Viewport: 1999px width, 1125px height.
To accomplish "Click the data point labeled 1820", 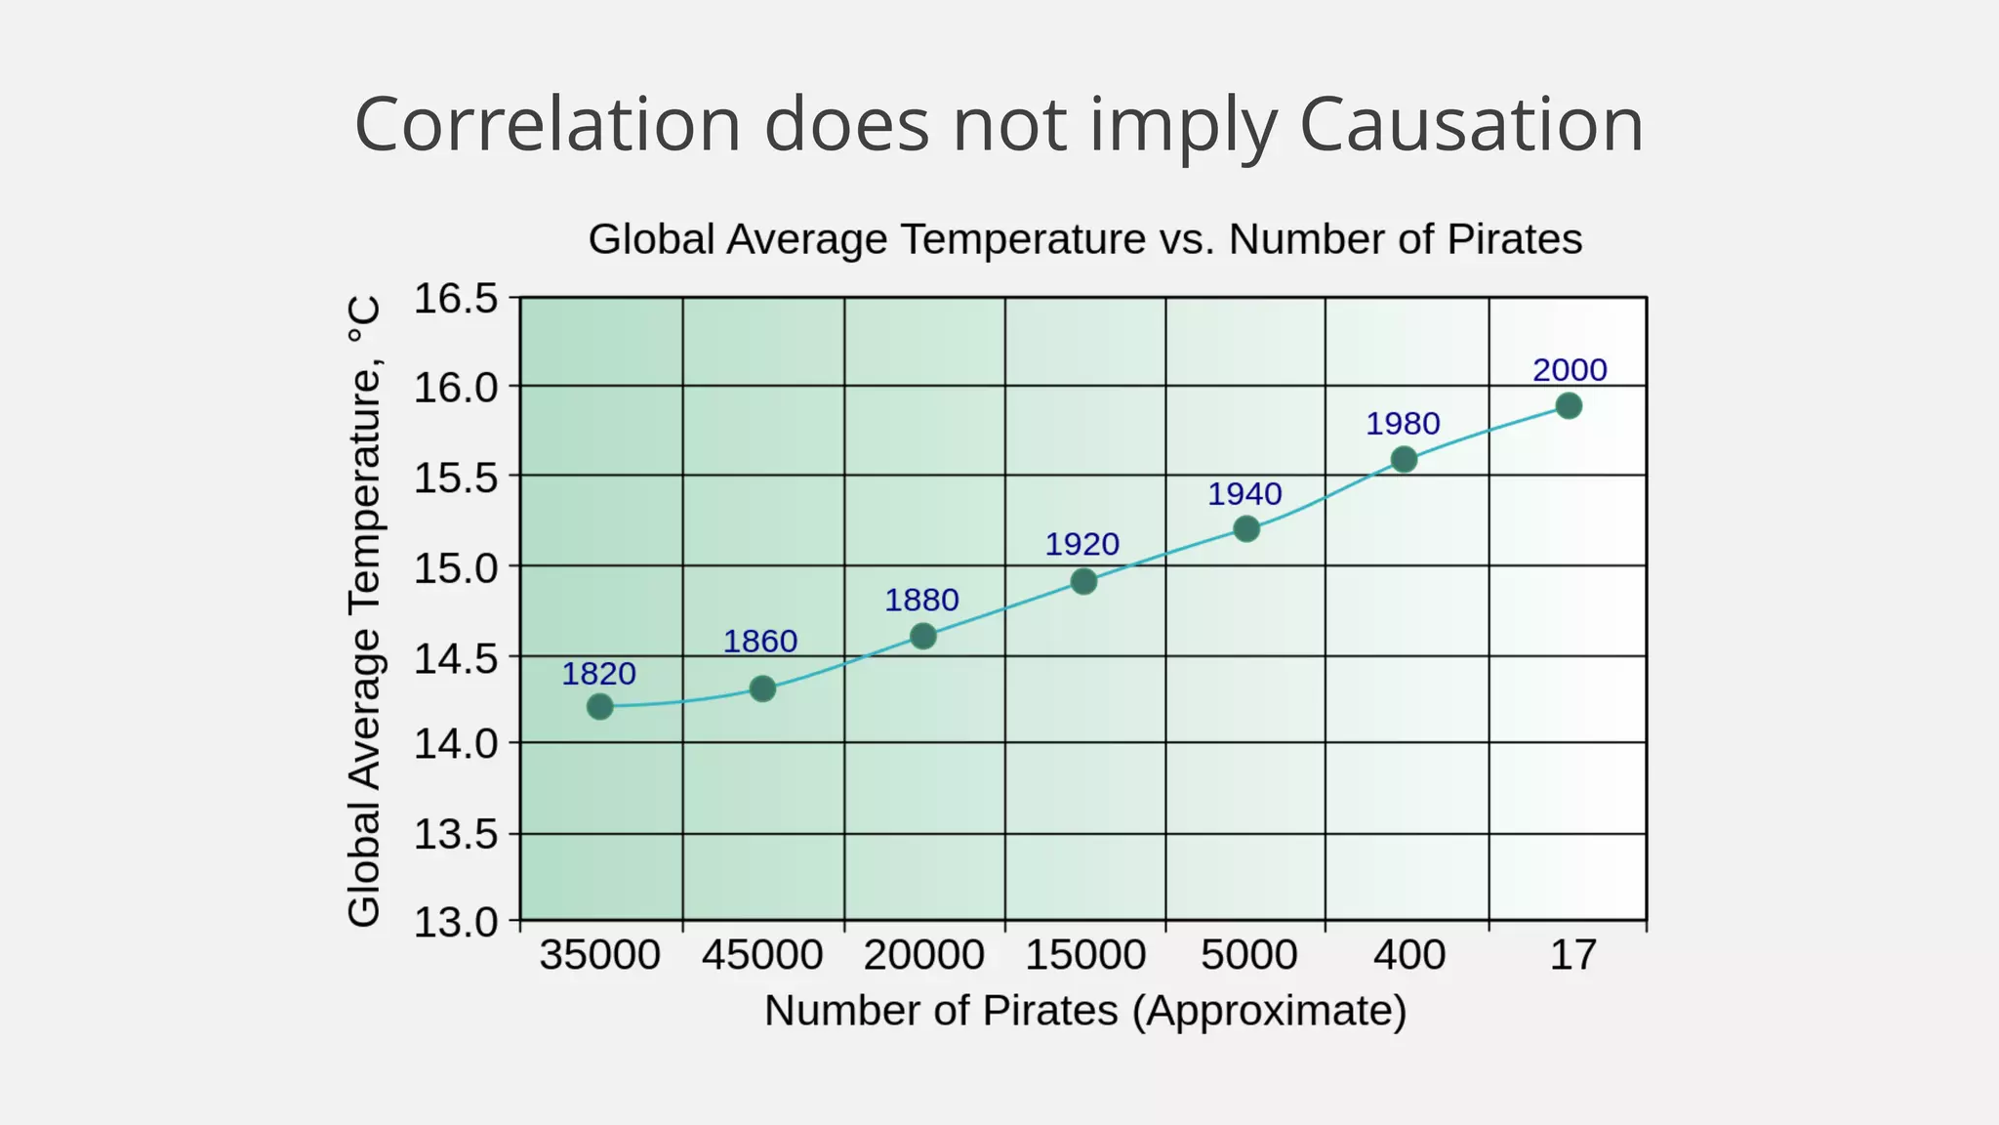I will click(x=600, y=706).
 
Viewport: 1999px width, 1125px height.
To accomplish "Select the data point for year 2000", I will click(x=1569, y=405).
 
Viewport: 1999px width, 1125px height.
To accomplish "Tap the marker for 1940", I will click(x=1246, y=528).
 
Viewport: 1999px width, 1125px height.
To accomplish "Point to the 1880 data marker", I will click(x=923, y=636).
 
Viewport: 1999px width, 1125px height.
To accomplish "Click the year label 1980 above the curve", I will click(x=1403, y=424).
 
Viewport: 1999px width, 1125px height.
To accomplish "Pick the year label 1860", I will click(x=760, y=642).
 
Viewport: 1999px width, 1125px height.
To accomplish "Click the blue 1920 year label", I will click(x=1081, y=544).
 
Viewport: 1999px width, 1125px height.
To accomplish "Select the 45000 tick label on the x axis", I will click(x=762, y=954).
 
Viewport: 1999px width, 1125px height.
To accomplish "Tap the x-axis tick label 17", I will click(x=1572, y=954).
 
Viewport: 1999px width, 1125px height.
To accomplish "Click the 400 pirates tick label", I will click(x=1408, y=954).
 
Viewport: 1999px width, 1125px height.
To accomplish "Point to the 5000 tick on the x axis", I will click(x=1248, y=954).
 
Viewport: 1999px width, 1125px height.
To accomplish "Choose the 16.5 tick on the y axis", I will click(x=456, y=299).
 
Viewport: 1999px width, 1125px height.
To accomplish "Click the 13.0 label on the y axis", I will click(x=456, y=922).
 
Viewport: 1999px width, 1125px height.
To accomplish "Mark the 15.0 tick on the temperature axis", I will click(x=456, y=567).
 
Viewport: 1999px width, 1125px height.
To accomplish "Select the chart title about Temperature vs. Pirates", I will click(x=1084, y=239).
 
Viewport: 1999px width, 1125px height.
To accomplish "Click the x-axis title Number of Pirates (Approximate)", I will click(x=1084, y=1011).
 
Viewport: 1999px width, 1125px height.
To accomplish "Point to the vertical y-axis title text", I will click(x=364, y=611).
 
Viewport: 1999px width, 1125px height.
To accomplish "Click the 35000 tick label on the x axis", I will click(x=600, y=954).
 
